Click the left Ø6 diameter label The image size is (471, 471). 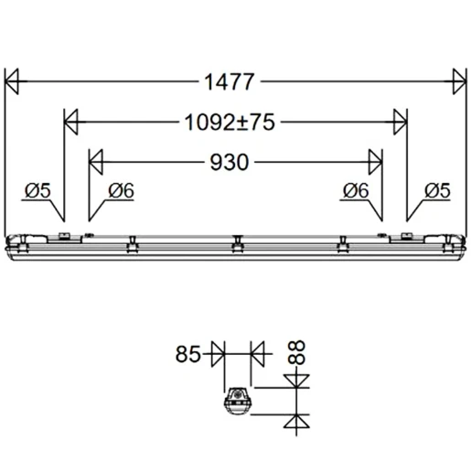point(120,190)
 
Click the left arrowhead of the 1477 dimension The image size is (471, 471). point(13,81)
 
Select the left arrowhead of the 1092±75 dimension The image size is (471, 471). point(70,122)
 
